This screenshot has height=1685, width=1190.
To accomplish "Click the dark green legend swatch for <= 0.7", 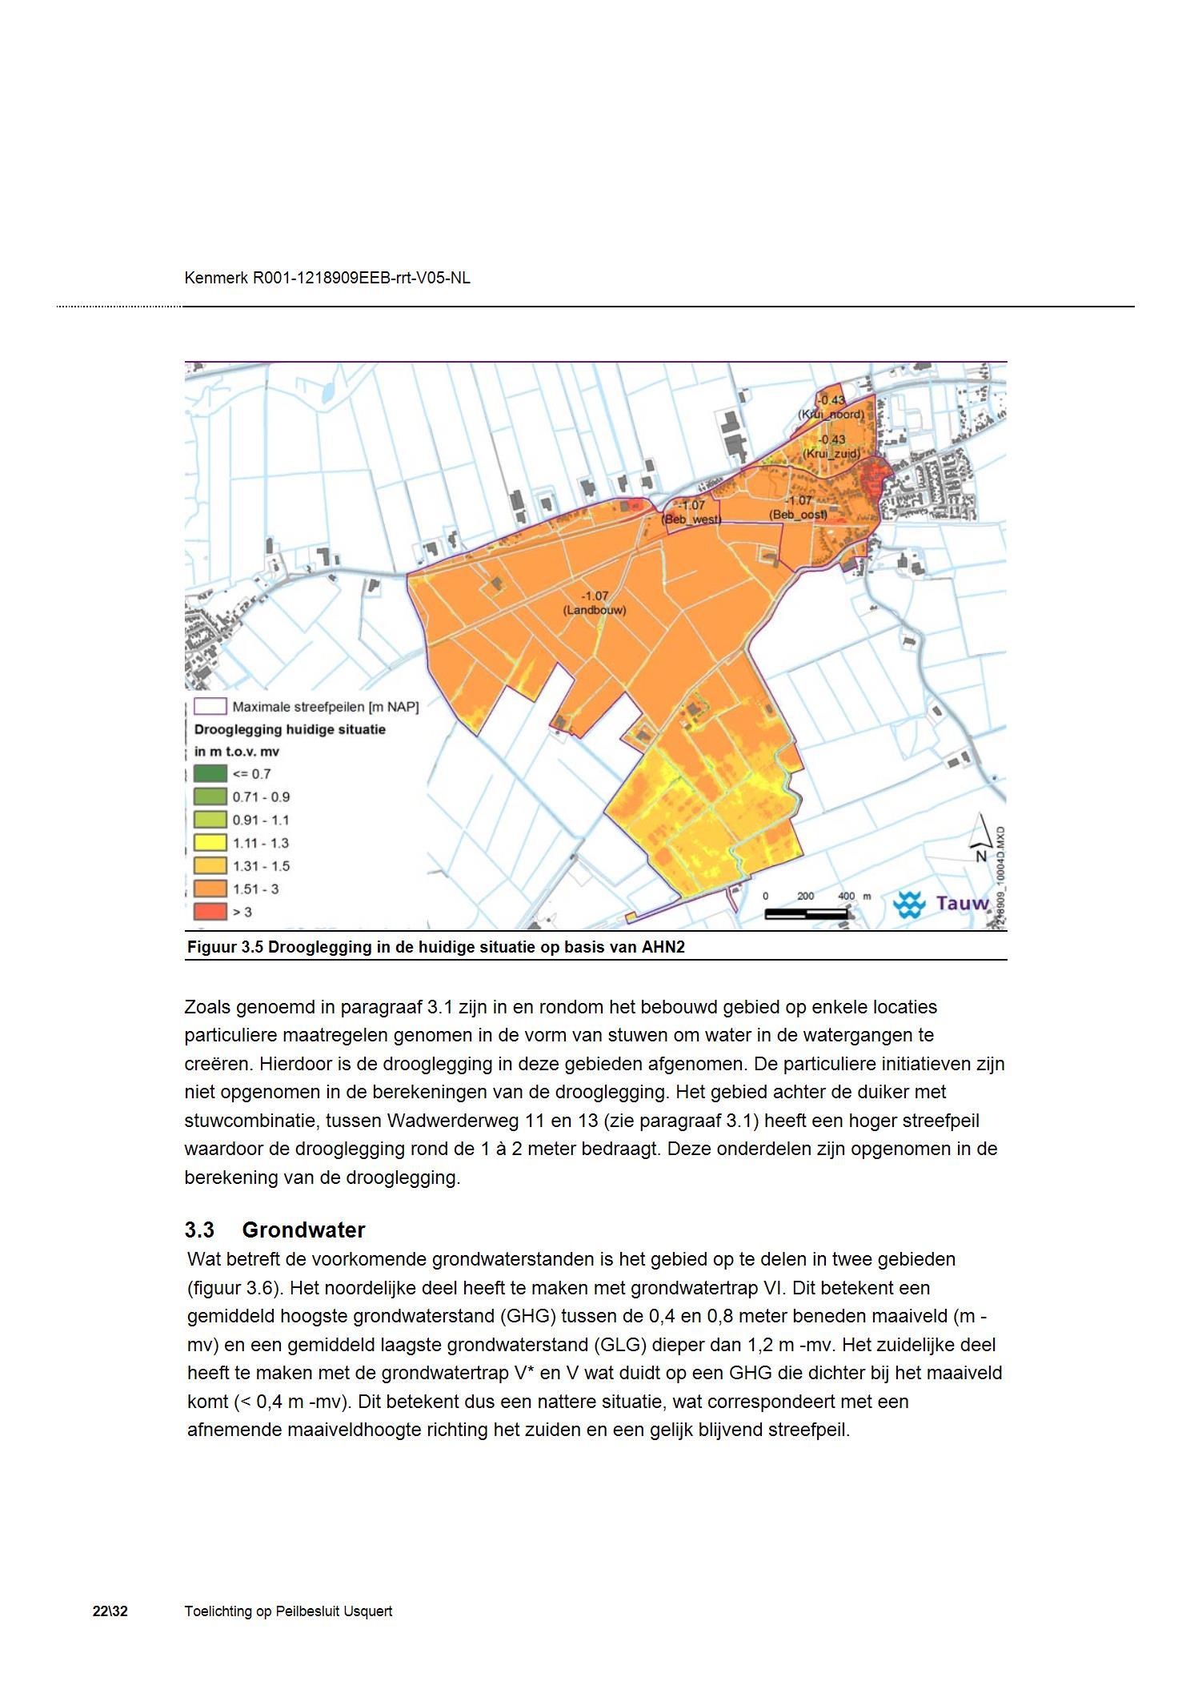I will (x=210, y=774).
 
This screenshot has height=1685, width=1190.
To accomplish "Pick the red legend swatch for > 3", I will (x=210, y=912).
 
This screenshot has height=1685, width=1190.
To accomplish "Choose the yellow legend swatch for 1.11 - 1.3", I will (x=210, y=843).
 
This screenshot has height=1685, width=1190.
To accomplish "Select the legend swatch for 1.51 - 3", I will (x=210, y=889).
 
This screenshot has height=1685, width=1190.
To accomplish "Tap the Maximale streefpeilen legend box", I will (x=210, y=707).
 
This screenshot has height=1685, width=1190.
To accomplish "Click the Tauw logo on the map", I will (x=941, y=904).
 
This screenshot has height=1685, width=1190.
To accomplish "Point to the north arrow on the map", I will (x=981, y=837).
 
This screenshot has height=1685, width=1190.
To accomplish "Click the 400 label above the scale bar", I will (x=845, y=896).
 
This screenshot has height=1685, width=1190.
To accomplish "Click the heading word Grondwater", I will (x=303, y=1230).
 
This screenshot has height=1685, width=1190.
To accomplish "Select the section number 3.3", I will (x=199, y=1230).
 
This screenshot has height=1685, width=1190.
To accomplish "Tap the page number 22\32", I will (x=110, y=1611).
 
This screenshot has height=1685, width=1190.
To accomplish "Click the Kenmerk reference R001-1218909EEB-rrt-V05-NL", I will (x=361, y=278).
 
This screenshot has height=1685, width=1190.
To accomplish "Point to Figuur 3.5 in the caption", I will (x=225, y=948).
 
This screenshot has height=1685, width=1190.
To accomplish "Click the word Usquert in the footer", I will (x=367, y=1611).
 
